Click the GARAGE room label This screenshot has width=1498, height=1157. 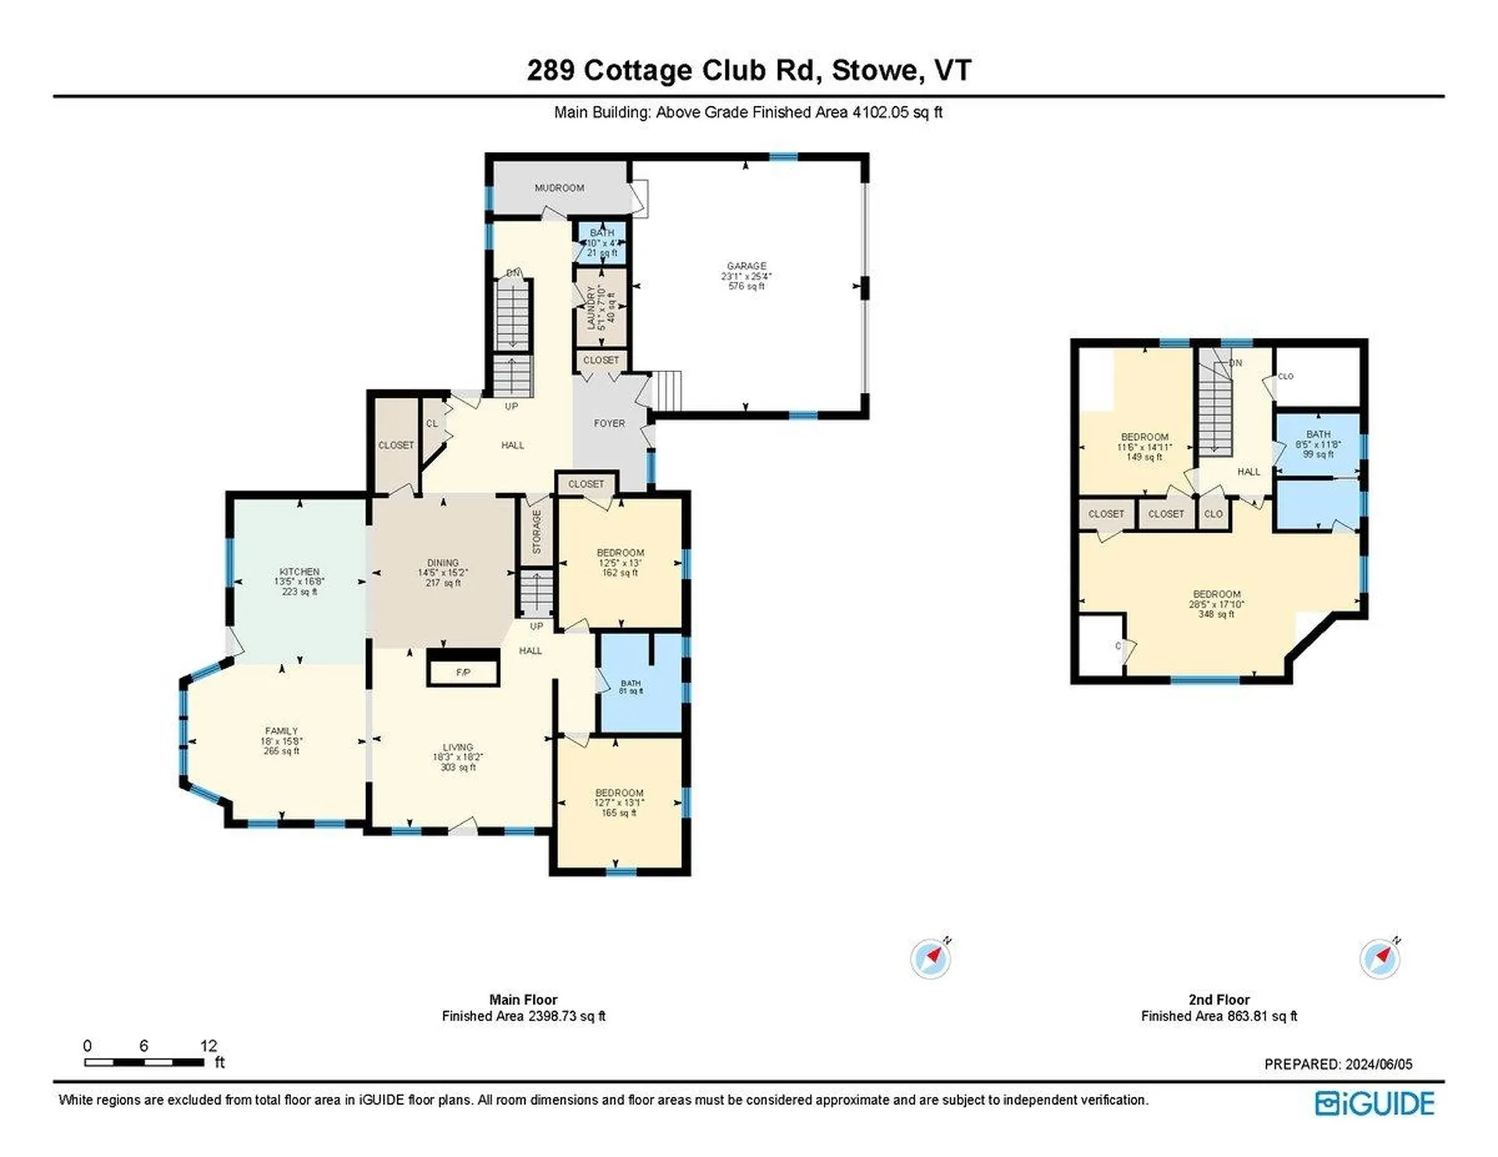pyautogui.click(x=746, y=267)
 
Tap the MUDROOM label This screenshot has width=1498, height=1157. pyautogui.click(x=559, y=188)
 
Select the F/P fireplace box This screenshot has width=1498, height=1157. pyautogui.click(x=463, y=673)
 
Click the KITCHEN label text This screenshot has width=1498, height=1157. pyautogui.click(x=300, y=572)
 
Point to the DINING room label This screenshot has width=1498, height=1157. pyautogui.click(x=442, y=563)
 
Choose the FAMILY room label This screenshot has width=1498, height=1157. pyautogui.click(x=281, y=731)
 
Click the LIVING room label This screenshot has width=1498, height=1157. pyautogui.click(x=457, y=747)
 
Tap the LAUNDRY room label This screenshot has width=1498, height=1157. pyautogui.click(x=591, y=307)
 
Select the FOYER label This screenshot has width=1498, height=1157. pyautogui.click(x=609, y=424)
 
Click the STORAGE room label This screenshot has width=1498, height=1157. pyautogui.click(x=537, y=531)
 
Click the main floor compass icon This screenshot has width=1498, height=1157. pyautogui.click(x=930, y=959)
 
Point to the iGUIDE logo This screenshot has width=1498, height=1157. pyautogui.click(x=1374, y=1103)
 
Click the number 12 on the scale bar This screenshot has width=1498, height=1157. pyautogui.click(x=208, y=1045)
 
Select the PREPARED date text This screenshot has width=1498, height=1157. pyautogui.click(x=1337, y=1064)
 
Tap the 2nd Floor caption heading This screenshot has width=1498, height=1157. pyautogui.click(x=1219, y=999)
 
